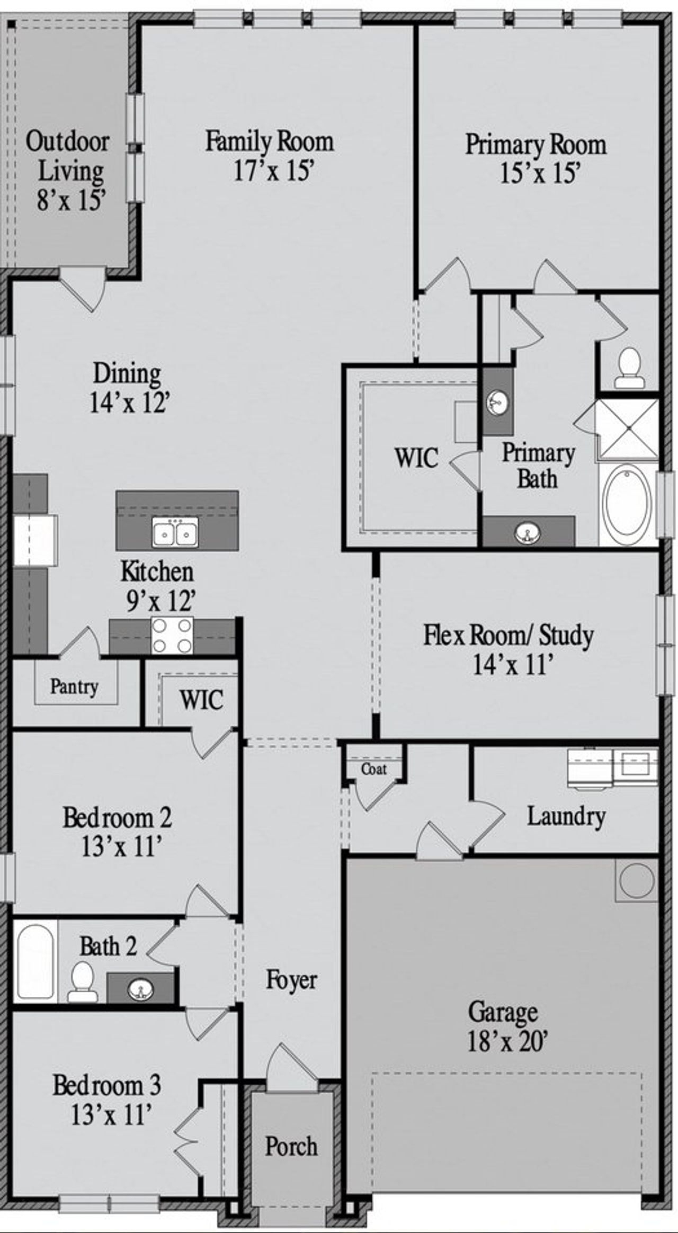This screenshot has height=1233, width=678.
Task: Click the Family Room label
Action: pos(269,142)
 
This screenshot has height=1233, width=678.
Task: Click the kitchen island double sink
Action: pos(175,532)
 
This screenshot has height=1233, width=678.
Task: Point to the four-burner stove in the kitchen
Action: pos(172,635)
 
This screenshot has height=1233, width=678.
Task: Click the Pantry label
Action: pos(74,687)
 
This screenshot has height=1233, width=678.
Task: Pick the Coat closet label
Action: pos(374,769)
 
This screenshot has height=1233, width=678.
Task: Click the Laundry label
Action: pos(566,816)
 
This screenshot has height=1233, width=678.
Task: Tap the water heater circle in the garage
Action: pos(637,880)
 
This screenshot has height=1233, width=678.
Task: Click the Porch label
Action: pos(291,1147)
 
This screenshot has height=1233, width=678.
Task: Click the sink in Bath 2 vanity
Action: pos(141,987)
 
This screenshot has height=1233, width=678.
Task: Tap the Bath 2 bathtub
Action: pos(34,961)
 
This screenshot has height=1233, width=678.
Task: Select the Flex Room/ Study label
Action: pos(508,636)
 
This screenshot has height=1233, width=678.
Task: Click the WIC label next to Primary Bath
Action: pos(416,458)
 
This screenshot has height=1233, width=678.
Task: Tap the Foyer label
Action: pos(291,979)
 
